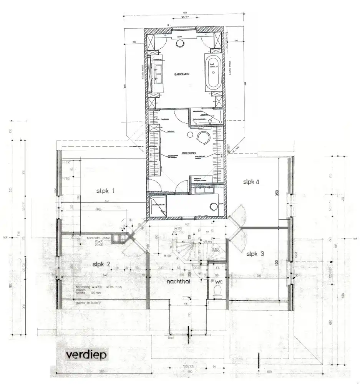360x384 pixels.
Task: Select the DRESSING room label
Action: pos(189,153)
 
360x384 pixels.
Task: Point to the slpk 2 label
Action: pos(101,264)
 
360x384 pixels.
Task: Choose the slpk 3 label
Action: pos(255,253)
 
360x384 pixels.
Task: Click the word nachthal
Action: pos(179,281)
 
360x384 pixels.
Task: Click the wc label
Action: pos(219,281)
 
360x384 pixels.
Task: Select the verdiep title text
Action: pos(80,354)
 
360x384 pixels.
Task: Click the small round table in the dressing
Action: pos(190,134)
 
